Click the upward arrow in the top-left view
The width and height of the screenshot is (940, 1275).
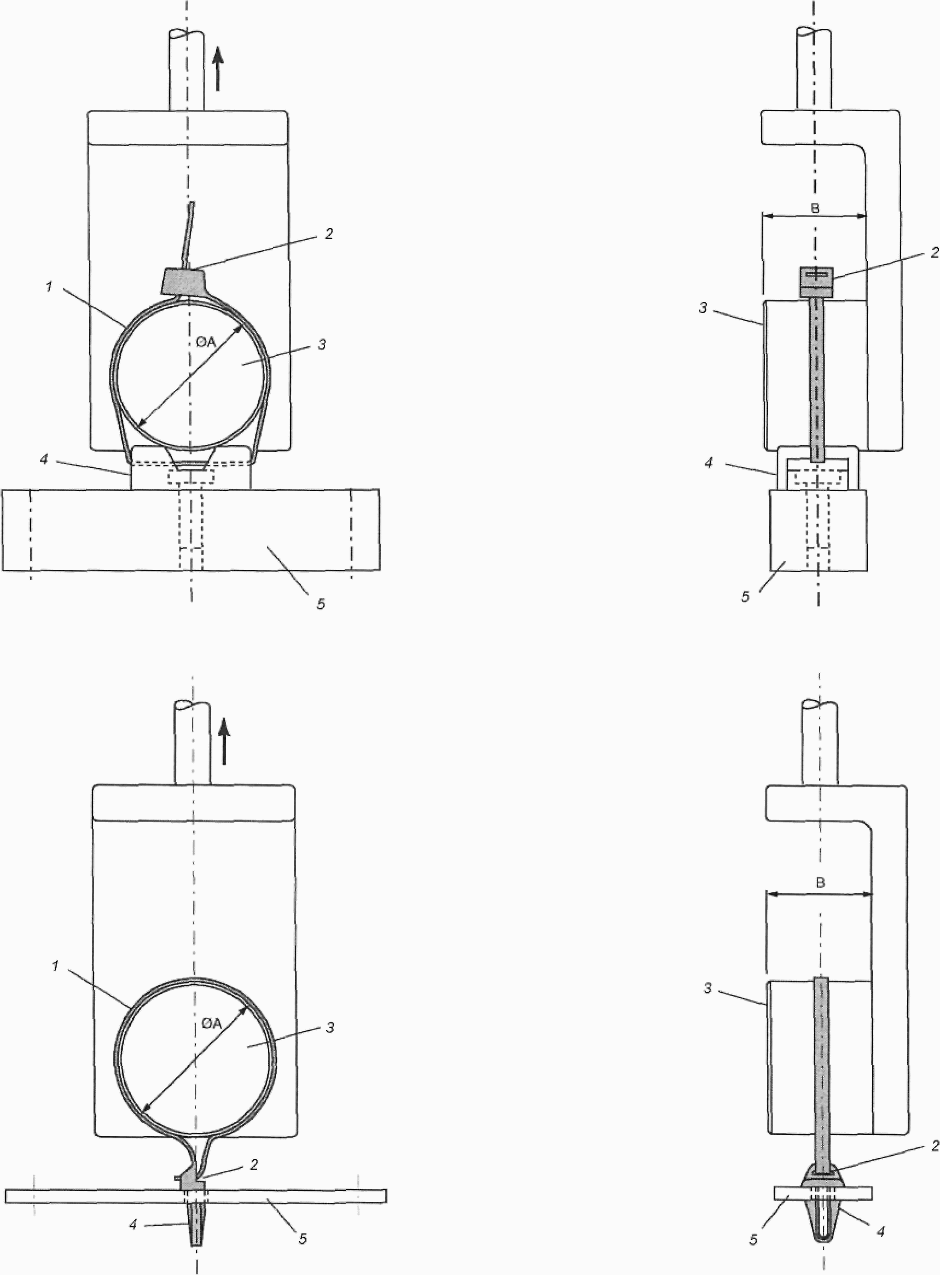tap(218, 69)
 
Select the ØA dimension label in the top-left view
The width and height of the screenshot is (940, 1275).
tap(198, 342)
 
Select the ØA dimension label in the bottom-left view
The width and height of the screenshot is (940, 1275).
tap(211, 1023)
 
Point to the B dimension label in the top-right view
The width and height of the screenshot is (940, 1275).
tap(815, 209)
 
